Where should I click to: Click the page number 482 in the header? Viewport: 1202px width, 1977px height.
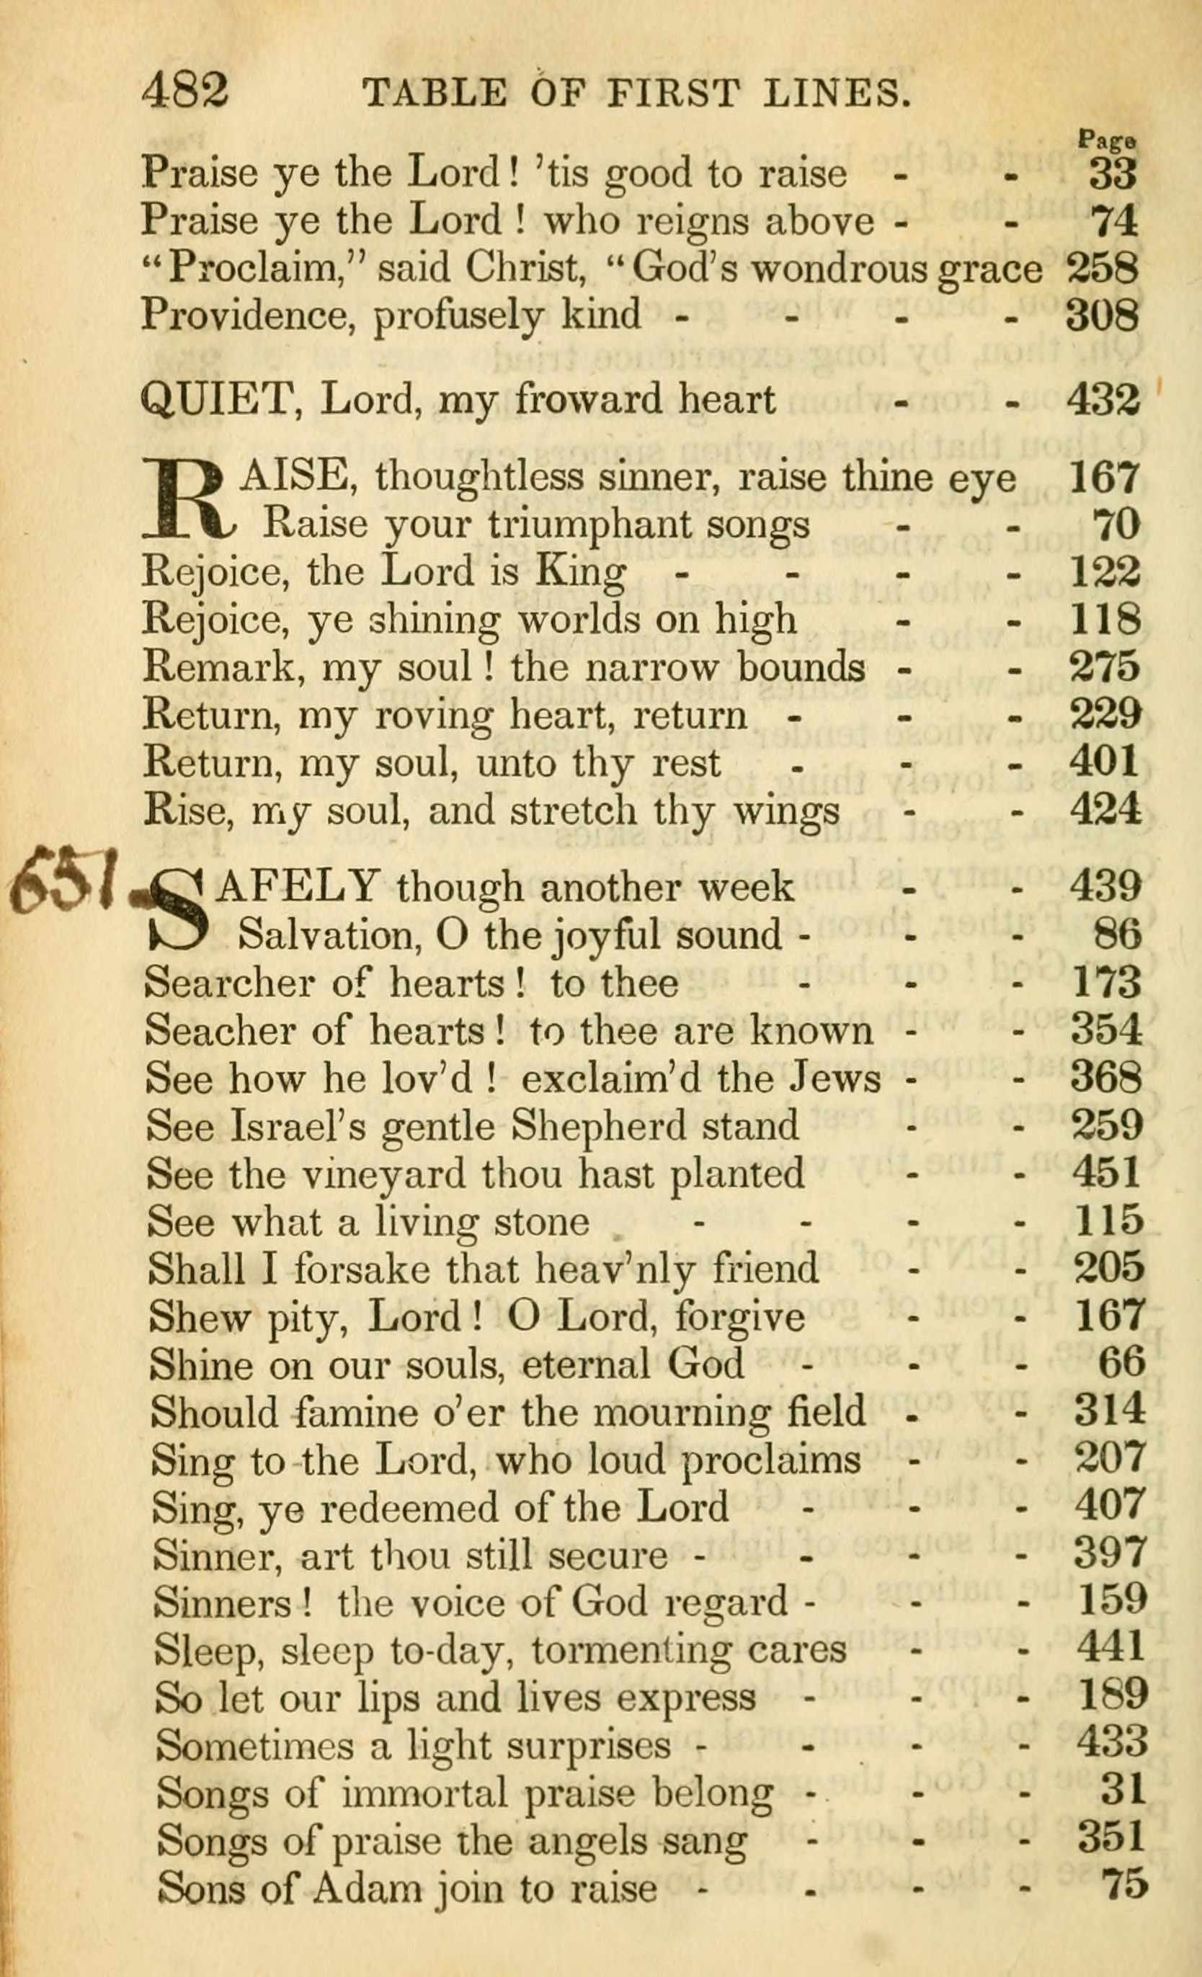click(185, 91)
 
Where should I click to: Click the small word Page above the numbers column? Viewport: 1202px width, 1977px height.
click(1108, 140)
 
